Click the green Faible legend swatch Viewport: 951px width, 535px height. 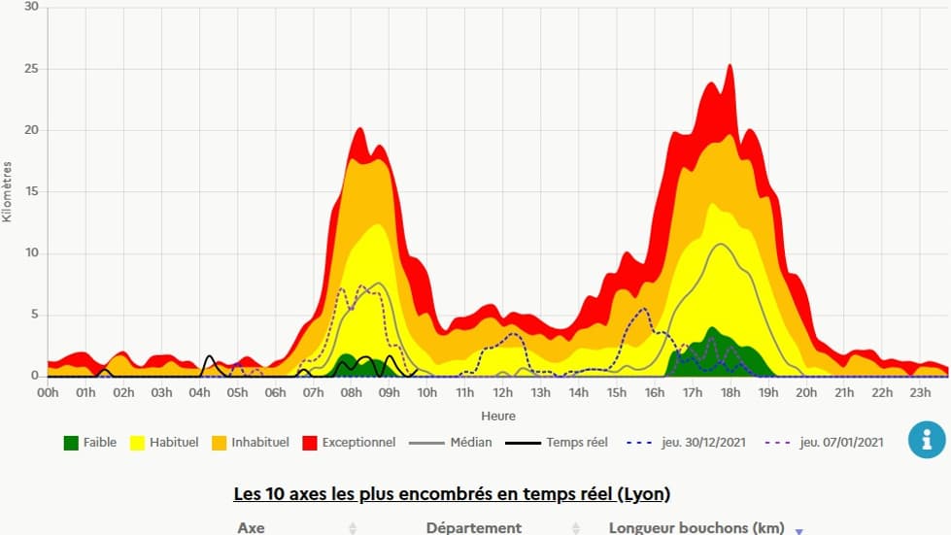pyautogui.click(x=71, y=443)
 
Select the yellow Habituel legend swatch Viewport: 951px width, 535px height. pyautogui.click(x=136, y=443)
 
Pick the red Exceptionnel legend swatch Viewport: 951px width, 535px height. pyautogui.click(x=311, y=443)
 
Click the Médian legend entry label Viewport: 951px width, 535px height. pyautogui.click(x=470, y=443)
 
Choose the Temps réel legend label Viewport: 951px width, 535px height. pyautogui.click(x=576, y=443)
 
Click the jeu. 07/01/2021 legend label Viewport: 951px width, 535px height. pyautogui.click(x=841, y=443)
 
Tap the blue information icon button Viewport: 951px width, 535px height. pyautogui.click(x=926, y=440)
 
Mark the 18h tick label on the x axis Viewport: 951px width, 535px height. pyautogui.click(x=730, y=392)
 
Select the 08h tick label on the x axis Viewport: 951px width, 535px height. pyautogui.click(x=351, y=392)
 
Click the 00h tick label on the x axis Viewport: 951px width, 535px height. pyautogui.click(x=48, y=392)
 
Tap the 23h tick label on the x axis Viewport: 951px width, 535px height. pyautogui.click(x=920, y=392)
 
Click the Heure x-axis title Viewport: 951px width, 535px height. pyautogui.click(x=498, y=416)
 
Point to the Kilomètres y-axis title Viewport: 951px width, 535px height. pyautogui.click(x=8, y=191)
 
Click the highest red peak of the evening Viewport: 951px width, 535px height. pyautogui.click(x=730, y=66)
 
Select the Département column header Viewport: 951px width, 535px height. pyautogui.click(x=474, y=527)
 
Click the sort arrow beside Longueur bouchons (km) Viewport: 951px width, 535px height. pyautogui.click(x=799, y=530)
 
